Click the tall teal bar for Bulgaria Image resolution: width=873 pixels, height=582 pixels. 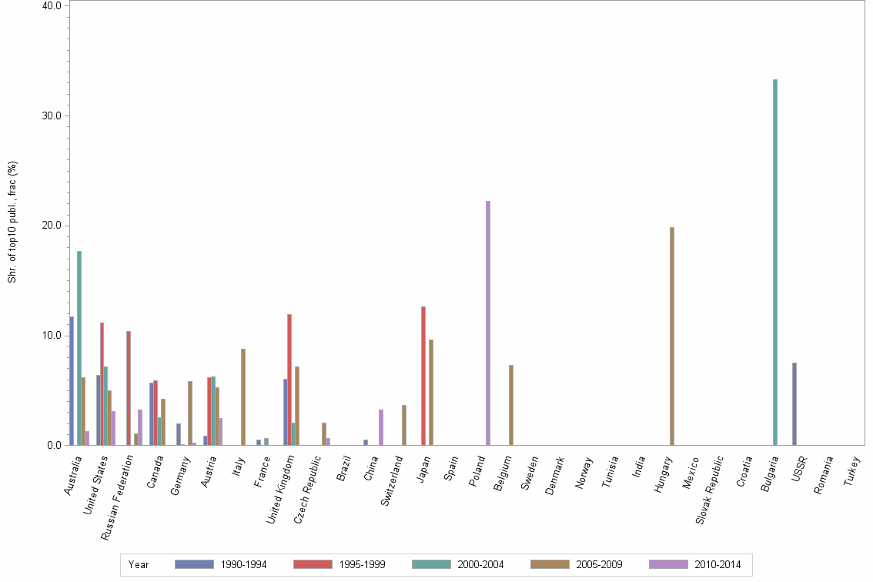coord(775,262)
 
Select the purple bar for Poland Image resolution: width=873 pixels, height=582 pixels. coord(488,323)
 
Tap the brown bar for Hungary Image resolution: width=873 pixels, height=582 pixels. coord(671,336)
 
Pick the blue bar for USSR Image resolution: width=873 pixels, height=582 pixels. coord(794,403)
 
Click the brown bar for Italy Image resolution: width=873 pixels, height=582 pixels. coord(243,396)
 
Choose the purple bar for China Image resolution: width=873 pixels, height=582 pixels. coord(381,427)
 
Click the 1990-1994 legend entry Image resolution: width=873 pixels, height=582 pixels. coord(220,564)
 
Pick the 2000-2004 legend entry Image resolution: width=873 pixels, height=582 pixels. coord(457,564)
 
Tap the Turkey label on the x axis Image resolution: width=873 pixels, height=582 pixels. coord(850,470)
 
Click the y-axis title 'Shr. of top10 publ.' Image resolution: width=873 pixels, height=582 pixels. coord(12,222)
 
